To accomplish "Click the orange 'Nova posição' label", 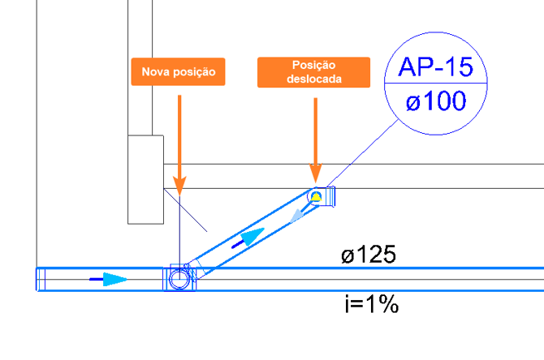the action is pos(178,71).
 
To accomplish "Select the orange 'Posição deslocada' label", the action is pos(313,72).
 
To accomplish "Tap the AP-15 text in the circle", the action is pos(435,66).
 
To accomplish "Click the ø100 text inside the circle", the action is pos(436,101).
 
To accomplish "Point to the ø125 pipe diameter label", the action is pos(368,255).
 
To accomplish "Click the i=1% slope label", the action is pos(372,305).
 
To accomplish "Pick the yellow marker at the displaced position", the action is pos(316,197).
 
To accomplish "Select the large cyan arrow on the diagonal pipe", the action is pos(253,236).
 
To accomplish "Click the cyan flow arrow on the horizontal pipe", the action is pos(115,279).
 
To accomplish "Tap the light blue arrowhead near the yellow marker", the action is pos(296,216).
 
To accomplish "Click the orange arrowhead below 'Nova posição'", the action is pos(179,186).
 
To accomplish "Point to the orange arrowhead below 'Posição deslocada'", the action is pos(315,173).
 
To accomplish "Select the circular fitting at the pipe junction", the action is pos(179,279).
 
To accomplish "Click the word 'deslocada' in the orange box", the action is pos(314,79).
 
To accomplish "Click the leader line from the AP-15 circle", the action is pos(362,153).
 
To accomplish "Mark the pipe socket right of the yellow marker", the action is pos(329,196).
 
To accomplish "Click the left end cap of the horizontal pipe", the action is pos(41,279).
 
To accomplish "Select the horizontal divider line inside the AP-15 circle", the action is pos(436,84).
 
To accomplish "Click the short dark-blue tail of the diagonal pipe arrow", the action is pos(237,245).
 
